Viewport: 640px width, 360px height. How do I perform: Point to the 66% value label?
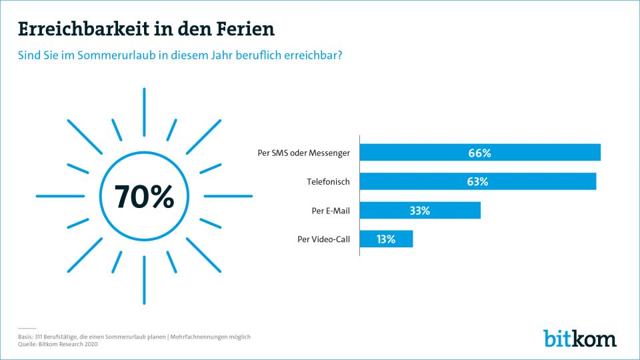pos(479,153)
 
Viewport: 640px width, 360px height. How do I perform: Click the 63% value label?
pos(477,181)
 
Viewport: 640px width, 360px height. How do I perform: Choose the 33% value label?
pos(419,210)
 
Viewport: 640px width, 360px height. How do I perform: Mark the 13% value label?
pos(385,239)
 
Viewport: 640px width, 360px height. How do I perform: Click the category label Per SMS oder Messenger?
pos(303,153)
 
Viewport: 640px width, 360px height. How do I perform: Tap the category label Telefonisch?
pos(328,181)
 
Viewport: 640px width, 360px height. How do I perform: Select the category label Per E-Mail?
pos(331,211)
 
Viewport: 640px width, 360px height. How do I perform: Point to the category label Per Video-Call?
pos(323,239)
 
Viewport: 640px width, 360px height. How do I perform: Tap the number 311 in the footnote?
pos(38,337)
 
